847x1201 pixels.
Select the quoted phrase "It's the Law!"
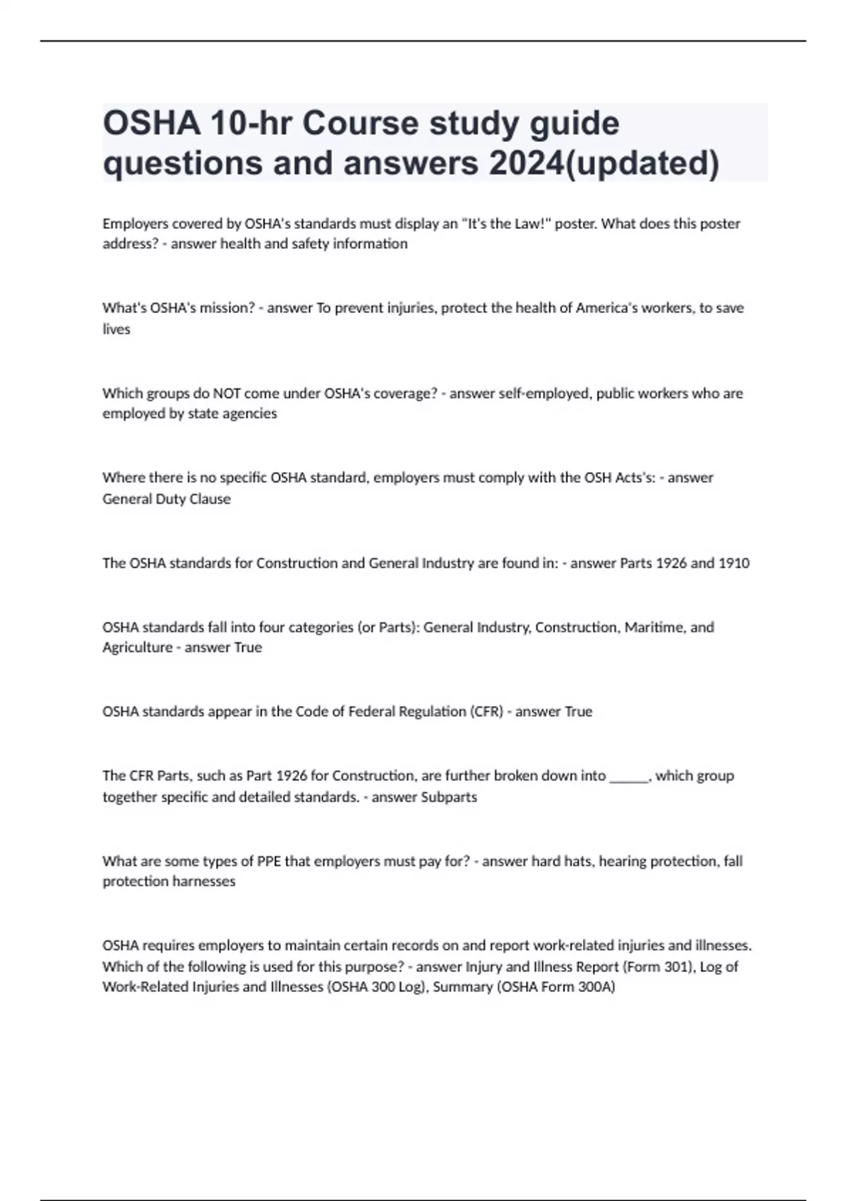coord(507,224)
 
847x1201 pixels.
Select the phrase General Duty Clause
coord(167,499)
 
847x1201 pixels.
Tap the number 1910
coord(734,563)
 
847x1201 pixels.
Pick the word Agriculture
coord(138,648)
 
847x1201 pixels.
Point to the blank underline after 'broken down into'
coord(628,776)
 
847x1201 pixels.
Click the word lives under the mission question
coord(116,329)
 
